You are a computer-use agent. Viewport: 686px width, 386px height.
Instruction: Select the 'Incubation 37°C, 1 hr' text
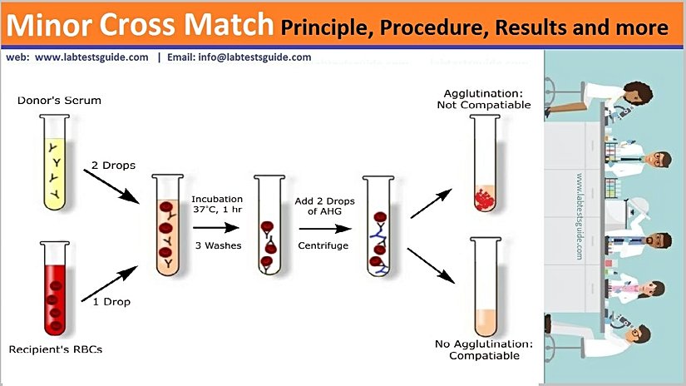217,205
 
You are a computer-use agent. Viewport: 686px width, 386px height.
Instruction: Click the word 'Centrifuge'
323,245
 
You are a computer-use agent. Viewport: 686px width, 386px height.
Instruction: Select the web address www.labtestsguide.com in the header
92,58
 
